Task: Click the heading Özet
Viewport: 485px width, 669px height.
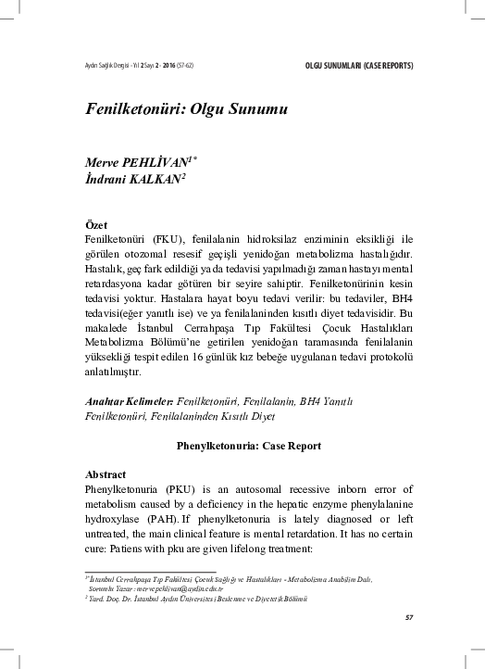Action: click(95, 225)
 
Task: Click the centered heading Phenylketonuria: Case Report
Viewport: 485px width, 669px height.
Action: click(242, 446)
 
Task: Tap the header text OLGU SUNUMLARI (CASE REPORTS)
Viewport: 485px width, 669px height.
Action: click(358, 66)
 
